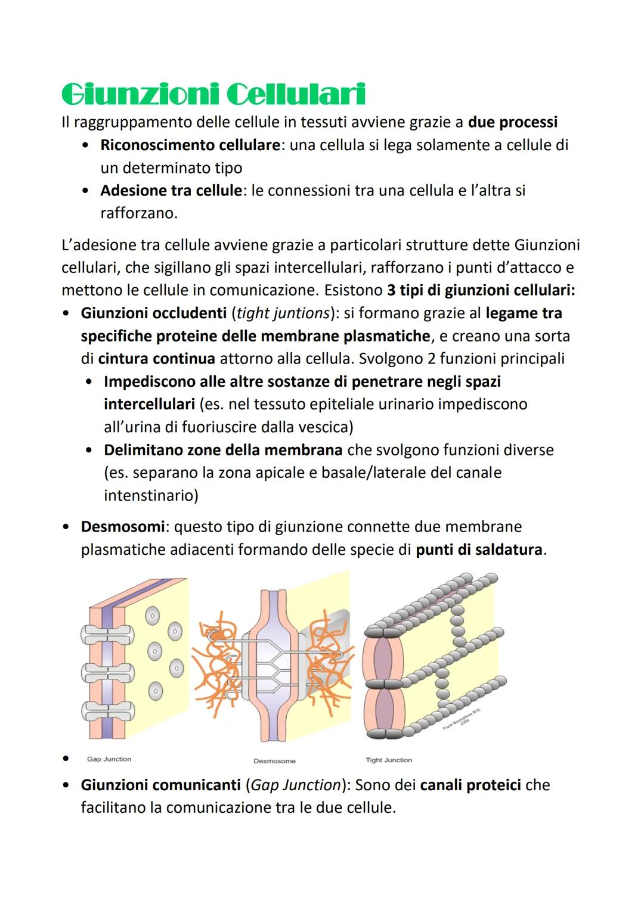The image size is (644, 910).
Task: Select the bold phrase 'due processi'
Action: coord(513,122)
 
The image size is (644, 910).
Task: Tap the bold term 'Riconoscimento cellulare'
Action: coord(190,145)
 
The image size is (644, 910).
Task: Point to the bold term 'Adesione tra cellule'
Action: coord(171,191)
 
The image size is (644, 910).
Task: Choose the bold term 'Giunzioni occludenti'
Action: coord(154,313)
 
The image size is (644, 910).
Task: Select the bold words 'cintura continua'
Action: coord(156,359)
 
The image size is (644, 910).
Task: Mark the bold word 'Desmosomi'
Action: coord(122,527)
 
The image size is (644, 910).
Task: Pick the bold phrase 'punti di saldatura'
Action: coord(479,549)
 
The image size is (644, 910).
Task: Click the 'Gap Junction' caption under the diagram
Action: coord(109,759)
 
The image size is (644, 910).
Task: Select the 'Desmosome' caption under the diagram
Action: coord(274,761)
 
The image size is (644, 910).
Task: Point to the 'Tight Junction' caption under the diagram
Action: coord(389,760)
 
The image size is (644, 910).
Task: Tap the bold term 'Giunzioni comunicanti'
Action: coord(160,785)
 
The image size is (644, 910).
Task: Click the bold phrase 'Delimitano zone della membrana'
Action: coord(222,450)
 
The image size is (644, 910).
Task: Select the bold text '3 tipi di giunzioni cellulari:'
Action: coord(481,290)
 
